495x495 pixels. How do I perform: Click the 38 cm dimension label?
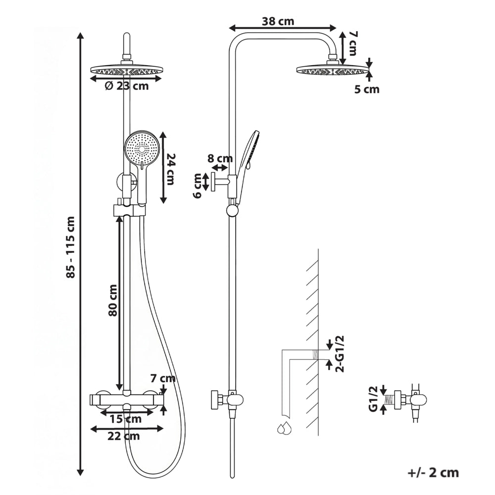pos(278,21)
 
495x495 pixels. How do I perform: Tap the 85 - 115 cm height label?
pos(71,247)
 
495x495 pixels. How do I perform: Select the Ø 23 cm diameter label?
pos(127,86)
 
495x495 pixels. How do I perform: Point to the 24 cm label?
pos(171,169)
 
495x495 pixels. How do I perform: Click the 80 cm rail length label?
pos(112,300)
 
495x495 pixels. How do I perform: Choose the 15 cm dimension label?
pos(126,419)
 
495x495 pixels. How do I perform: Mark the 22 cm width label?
pos(123,436)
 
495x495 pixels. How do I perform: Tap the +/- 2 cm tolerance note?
pos(433,473)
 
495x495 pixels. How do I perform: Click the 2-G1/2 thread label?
pos(341,354)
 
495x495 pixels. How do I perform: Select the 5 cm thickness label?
pos(366,89)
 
